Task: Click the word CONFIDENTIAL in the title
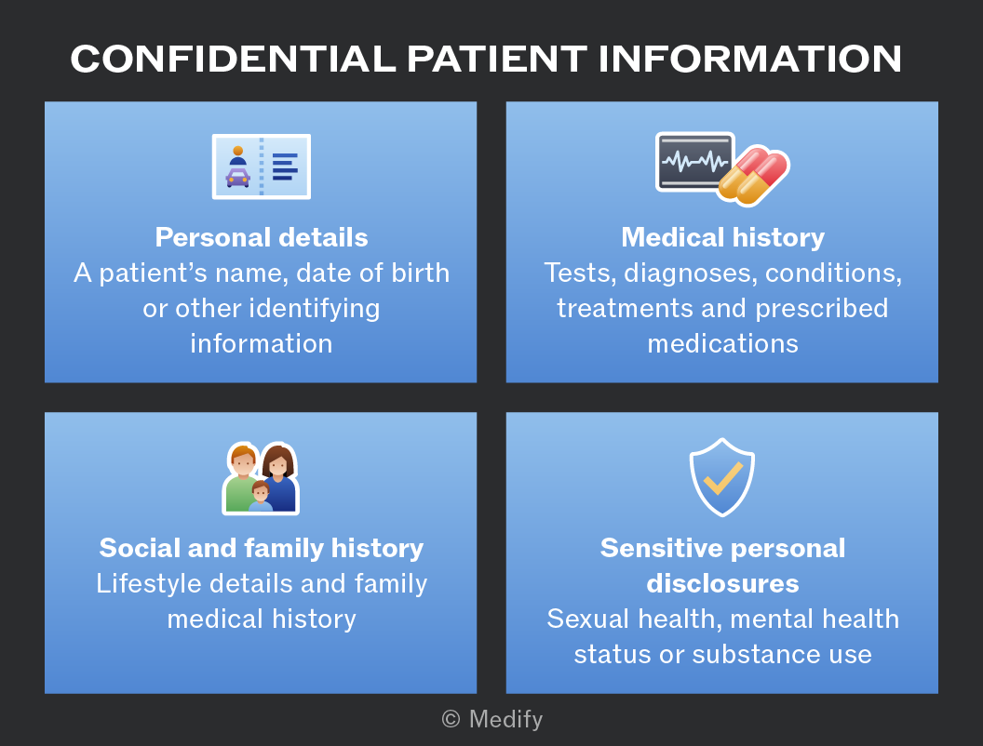(234, 59)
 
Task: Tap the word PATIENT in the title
(497, 59)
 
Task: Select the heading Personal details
(262, 237)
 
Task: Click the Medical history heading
(723, 238)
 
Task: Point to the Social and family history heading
(262, 549)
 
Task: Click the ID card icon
(262, 167)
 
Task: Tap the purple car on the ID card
(237, 178)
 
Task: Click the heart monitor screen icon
(694, 162)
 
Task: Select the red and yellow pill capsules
(754, 176)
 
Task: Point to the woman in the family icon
(279, 478)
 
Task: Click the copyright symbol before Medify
(451, 719)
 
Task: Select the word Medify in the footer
(505, 720)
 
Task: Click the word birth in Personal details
(421, 273)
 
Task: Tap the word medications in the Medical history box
(723, 344)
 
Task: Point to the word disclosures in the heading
(723, 584)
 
